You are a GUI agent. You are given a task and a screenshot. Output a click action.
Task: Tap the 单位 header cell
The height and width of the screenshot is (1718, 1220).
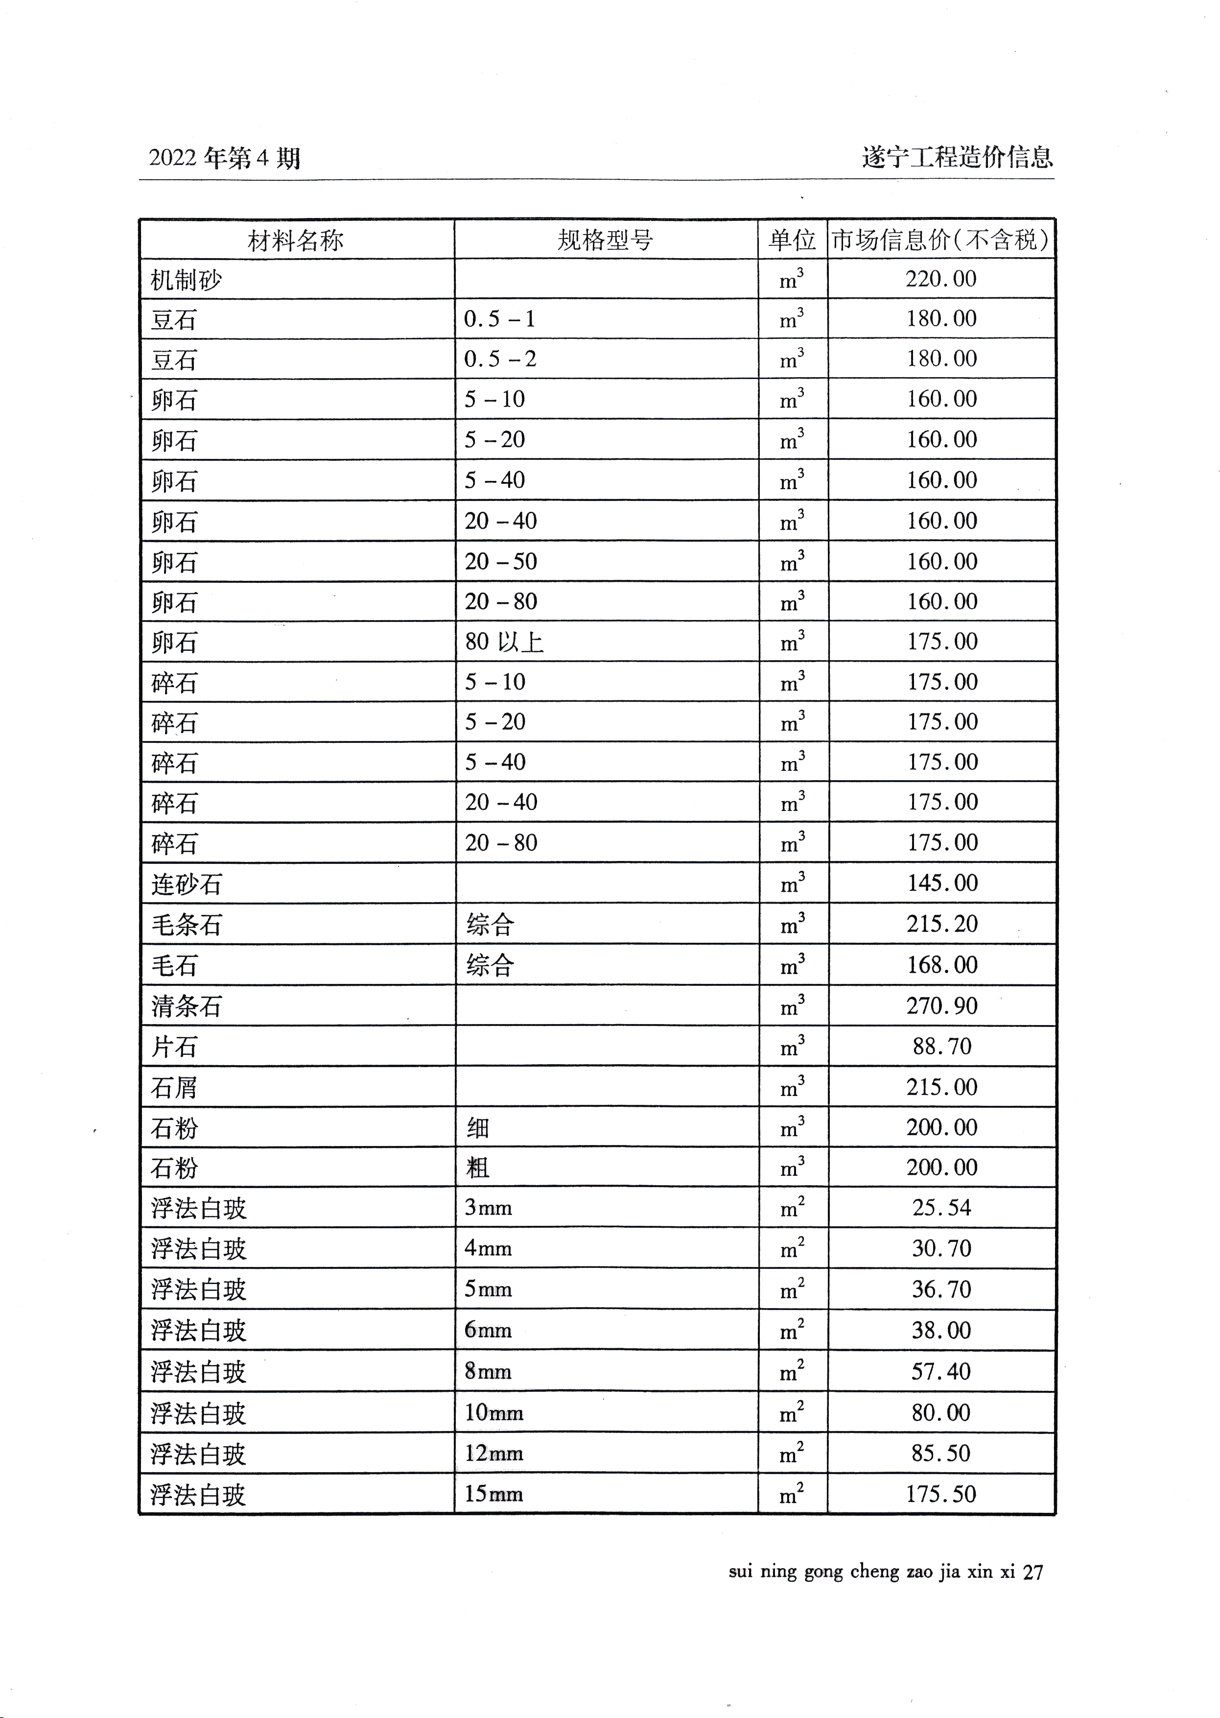(x=792, y=240)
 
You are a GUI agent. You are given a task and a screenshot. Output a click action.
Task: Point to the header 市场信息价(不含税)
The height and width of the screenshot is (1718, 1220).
(x=940, y=240)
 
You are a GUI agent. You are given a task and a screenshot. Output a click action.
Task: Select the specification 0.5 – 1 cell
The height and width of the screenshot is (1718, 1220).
(x=499, y=319)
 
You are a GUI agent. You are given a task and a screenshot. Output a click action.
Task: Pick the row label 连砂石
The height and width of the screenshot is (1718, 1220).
(x=187, y=884)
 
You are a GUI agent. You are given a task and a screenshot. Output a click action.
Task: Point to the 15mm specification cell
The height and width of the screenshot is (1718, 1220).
(x=493, y=1493)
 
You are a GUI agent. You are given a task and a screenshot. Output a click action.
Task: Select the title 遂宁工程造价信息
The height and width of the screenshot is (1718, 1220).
(x=957, y=158)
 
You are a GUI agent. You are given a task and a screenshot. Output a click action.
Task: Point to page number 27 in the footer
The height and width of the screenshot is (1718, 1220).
(x=1033, y=1572)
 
